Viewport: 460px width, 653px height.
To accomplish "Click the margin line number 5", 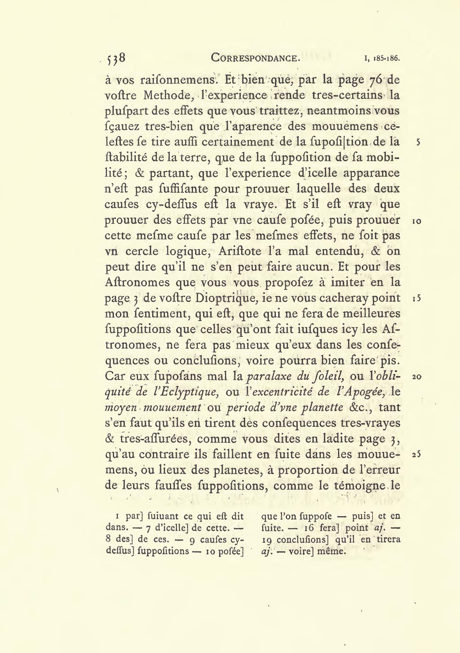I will coord(418,142).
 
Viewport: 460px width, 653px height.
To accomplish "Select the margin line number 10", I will coord(416,221).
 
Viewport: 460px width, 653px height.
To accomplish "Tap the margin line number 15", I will coord(416,299).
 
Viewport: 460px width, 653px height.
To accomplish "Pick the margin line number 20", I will coord(416,377).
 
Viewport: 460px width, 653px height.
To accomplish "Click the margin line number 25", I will coord(416,455).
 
